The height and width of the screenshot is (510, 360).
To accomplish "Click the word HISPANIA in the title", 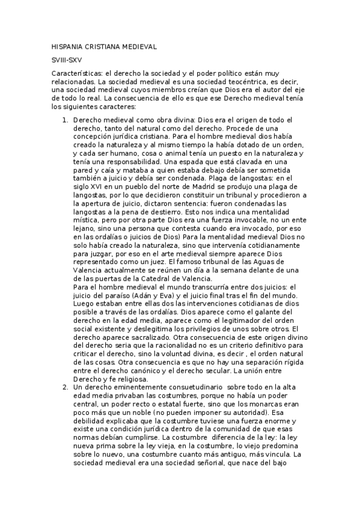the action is pos(68,46).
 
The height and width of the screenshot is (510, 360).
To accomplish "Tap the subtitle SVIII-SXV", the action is pos(67,60).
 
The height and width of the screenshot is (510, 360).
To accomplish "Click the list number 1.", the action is pos(66,120).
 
